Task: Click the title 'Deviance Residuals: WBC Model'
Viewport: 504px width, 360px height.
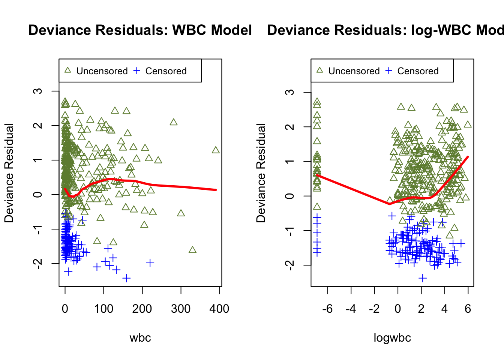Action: point(140,30)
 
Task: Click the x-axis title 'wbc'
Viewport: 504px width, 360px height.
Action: point(140,337)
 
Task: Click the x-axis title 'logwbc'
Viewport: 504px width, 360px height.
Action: point(392,337)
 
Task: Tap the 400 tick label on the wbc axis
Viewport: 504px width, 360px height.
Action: point(219,309)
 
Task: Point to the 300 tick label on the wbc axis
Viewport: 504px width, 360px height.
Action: point(181,309)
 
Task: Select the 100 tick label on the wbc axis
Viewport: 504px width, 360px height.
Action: point(103,309)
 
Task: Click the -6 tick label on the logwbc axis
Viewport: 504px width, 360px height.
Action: point(327,309)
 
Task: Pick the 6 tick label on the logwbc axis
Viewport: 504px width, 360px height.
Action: point(468,309)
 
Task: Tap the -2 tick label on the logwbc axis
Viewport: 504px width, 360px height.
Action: point(374,309)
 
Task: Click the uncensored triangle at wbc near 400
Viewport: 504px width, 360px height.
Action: point(216,150)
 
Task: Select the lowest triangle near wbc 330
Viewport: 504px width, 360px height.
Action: point(192,250)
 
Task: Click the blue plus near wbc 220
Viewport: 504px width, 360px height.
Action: point(150,263)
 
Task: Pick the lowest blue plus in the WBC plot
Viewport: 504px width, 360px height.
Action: point(126,278)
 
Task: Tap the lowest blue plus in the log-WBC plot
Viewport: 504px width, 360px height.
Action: point(423,278)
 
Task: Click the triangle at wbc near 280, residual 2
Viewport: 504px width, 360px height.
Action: point(173,122)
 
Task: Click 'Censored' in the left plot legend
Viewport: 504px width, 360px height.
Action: point(166,71)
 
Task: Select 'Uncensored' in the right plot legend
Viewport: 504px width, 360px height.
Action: point(354,71)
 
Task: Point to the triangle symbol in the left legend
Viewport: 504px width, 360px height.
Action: point(67,70)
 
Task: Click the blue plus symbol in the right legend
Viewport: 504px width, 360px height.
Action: point(389,70)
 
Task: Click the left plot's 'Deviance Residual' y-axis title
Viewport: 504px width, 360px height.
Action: point(9,172)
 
